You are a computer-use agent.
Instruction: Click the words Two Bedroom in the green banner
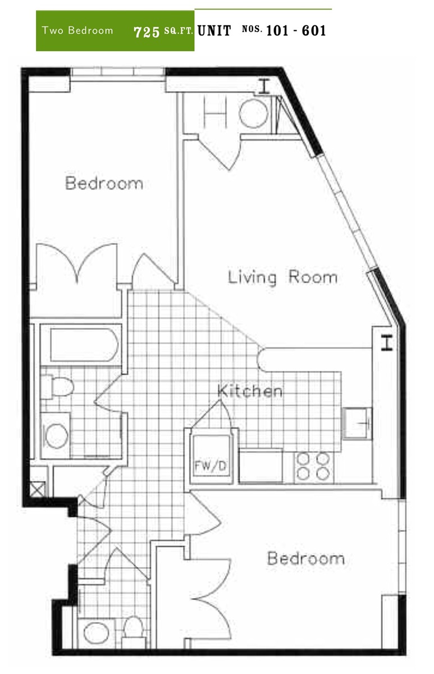(x=77, y=30)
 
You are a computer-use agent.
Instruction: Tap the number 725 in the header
(x=147, y=32)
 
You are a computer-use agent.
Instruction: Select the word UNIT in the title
(x=214, y=30)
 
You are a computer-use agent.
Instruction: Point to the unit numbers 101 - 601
(x=296, y=30)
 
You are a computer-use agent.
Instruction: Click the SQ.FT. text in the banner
(x=179, y=31)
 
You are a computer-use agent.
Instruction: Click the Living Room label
(x=282, y=277)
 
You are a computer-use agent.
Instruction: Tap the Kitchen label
(x=250, y=390)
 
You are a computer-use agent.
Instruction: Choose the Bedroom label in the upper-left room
(x=104, y=183)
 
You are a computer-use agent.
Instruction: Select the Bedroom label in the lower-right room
(x=306, y=558)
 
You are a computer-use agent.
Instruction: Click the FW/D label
(x=210, y=466)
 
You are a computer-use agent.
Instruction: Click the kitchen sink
(x=357, y=423)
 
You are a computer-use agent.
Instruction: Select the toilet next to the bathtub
(x=57, y=386)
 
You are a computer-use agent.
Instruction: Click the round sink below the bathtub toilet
(x=56, y=435)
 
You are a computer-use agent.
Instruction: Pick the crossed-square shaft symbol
(x=37, y=490)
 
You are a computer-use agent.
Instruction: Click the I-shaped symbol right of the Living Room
(x=387, y=343)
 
